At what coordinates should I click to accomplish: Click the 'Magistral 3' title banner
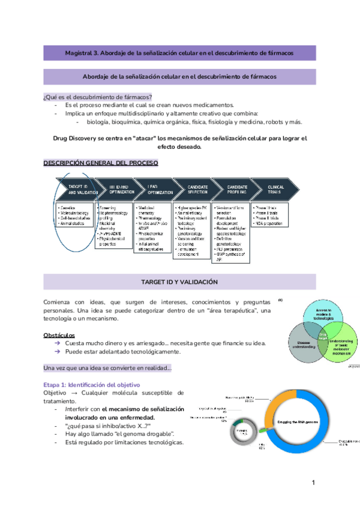(179, 53)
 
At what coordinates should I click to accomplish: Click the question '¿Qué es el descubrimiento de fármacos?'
(98, 97)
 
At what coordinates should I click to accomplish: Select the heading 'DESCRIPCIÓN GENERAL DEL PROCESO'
(101, 163)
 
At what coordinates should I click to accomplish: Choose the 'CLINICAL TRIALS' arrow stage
(275, 190)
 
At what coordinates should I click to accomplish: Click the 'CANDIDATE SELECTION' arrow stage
(197, 190)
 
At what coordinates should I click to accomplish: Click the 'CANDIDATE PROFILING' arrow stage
(238, 190)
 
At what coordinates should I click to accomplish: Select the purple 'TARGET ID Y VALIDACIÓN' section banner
(179, 281)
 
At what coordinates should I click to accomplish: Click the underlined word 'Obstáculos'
(59, 334)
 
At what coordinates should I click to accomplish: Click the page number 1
(313, 483)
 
